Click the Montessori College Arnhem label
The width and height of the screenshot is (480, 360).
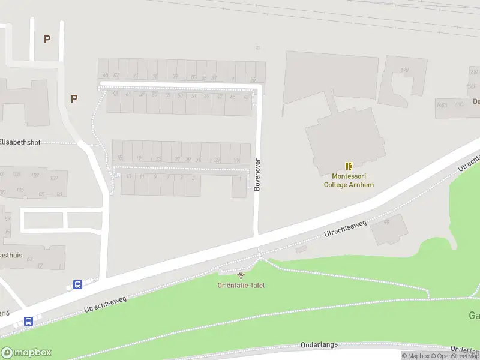pos(349,181)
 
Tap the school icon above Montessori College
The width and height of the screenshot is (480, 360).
pos(349,166)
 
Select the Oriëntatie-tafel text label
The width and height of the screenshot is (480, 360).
pos(241,285)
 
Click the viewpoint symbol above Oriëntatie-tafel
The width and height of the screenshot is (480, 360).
pos(241,275)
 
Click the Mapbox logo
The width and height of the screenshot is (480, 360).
pos(26,353)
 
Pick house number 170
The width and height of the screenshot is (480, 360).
pos(405,70)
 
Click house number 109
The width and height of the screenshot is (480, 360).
pos(54,178)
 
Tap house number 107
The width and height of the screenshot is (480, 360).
pos(35,175)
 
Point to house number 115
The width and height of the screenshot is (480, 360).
pos(20,190)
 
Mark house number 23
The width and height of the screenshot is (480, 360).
pos(159,158)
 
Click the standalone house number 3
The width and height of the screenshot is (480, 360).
pos(193,178)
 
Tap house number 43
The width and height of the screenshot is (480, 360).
pos(246,97)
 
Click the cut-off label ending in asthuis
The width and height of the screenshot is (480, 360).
pos(11,255)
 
